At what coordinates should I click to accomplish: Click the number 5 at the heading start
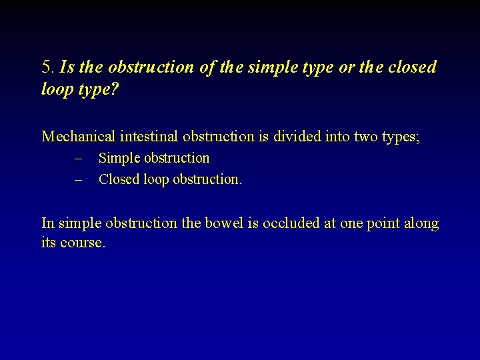pyautogui.click(x=47, y=67)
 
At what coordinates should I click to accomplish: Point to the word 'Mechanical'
pyautogui.click(x=79, y=137)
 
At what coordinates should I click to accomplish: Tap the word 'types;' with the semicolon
pyautogui.click(x=401, y=137)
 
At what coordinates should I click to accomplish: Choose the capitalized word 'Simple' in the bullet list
pyautogui.click(x=118, y=159)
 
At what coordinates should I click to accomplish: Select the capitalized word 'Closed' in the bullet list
pyautogui.click(x=119, y=179)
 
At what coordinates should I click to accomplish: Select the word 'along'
pyautogui.click(x=421, y=224)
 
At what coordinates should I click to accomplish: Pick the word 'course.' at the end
pyautogui.click(x=83, y=243)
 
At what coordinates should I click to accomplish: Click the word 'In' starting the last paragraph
pyautogui.click(x=48, y=223)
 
